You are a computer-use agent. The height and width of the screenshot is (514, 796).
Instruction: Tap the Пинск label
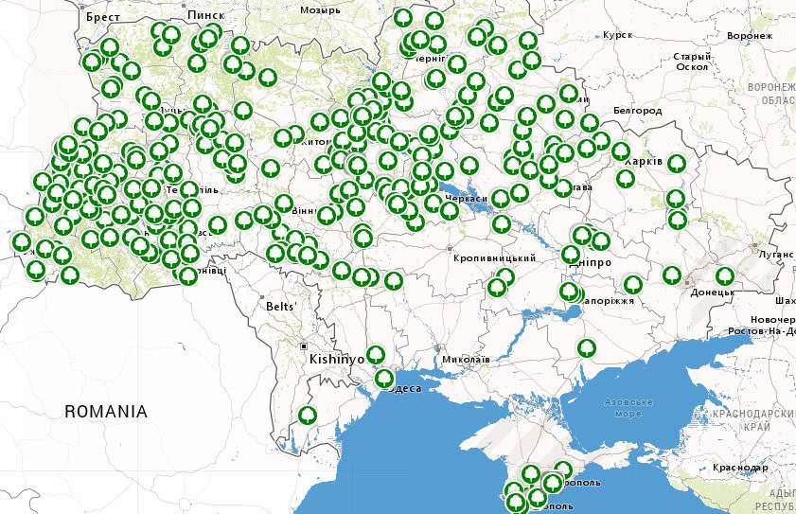tap(205, 16)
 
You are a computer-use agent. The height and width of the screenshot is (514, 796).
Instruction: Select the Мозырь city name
tap(320, 10)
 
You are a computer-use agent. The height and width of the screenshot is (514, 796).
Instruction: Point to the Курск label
tap(616, 35)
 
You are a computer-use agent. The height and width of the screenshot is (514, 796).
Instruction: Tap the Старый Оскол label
tap(691, 62)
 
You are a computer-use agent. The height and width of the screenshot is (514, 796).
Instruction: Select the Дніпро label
tap(594, 261)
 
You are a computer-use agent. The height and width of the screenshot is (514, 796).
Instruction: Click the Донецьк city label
tap(712, 292)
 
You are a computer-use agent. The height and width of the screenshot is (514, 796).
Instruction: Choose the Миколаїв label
tap(465, 360)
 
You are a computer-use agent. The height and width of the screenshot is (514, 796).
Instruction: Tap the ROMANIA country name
tap(106, 412)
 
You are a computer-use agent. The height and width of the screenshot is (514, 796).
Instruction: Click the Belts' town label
tap(281, 307)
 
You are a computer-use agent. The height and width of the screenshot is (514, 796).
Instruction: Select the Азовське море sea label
tap(628, 408)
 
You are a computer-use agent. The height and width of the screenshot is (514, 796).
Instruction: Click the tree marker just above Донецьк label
tap(724, 275)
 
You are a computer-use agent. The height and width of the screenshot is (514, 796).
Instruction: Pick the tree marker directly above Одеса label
tap(384, 379)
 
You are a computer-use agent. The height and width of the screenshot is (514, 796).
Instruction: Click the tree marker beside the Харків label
tap(676, 163)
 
